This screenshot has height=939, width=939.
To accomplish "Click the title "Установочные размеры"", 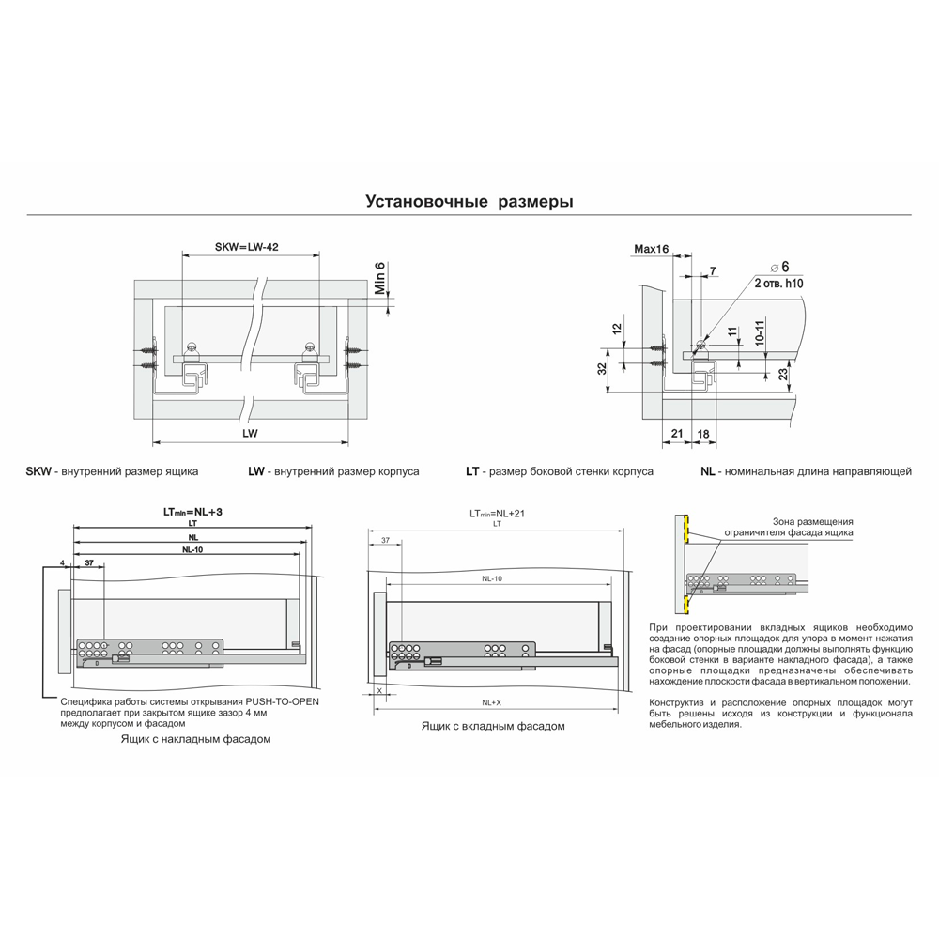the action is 469,201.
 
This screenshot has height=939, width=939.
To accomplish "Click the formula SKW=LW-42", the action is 246,247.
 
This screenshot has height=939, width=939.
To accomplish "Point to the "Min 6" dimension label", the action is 380,278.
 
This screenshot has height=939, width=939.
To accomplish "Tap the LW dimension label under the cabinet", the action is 250,433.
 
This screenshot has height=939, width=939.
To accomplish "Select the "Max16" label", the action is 651,249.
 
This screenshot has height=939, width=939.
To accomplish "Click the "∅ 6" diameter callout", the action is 780,267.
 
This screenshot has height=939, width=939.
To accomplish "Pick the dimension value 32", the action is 602,368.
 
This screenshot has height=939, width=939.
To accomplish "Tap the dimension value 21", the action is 677,433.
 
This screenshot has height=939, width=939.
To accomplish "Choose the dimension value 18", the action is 703,433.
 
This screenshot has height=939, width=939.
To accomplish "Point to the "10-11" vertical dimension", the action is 760,333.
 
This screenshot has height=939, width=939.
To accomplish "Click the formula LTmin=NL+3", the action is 192,512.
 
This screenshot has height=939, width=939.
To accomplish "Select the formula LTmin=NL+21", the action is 497,514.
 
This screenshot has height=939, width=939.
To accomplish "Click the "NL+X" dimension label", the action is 492,702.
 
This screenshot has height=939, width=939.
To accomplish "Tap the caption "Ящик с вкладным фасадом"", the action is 493,726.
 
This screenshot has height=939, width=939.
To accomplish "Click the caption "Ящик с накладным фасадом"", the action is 196,739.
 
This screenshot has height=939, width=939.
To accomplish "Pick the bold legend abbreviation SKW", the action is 38,471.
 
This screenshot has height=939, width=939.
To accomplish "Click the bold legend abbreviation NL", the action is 708,471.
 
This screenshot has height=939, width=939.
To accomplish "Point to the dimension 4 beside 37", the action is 62,562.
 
